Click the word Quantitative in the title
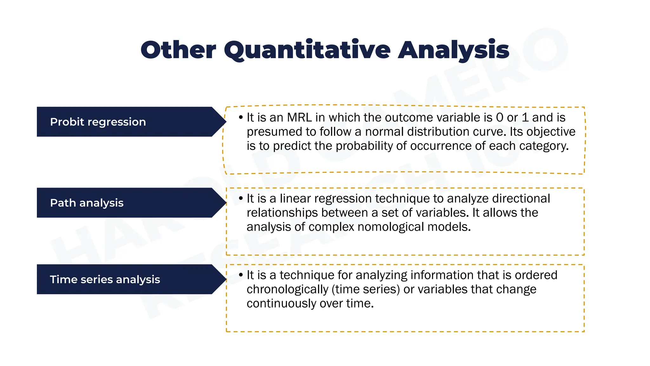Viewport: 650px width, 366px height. [307, 50]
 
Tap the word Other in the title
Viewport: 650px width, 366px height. [178, 50]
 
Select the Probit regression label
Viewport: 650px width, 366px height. [98, 122]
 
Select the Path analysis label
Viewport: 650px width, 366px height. [87, 203]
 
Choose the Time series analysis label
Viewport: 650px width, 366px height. [105, 280]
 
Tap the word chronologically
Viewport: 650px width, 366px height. [287, 289]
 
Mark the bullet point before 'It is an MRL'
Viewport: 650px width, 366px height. [241, 118]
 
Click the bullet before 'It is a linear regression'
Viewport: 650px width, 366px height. [241, 199]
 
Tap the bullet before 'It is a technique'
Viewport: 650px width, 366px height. [241, 275]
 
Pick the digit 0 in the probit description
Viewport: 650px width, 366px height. [499, 118]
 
